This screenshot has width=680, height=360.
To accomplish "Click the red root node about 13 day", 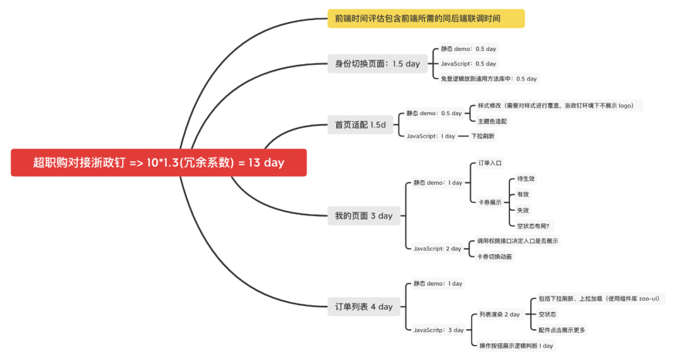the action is coord(159,162).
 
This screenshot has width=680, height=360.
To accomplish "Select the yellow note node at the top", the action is coord(426,18).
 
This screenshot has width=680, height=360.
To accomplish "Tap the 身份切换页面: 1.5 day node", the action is coord(377,64).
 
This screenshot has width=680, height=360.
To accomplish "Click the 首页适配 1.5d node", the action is coord(360,125).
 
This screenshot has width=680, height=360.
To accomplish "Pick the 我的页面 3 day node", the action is coord(363,216).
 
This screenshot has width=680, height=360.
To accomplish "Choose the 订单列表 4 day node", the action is coord(363,307).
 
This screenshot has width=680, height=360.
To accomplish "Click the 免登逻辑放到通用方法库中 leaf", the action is coord(489,79).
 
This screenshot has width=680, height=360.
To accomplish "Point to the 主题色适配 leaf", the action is coord(492,121).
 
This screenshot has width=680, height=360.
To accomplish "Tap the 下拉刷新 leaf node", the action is coord(483,136).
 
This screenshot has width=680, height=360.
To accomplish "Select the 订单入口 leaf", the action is coord(489,163).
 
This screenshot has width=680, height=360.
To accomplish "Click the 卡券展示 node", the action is coord(489,202).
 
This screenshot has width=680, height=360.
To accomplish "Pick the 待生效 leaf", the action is coord(526,179).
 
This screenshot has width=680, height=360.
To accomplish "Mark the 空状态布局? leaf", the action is coord(533,226).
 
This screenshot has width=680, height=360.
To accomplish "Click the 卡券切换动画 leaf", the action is coord(494,256).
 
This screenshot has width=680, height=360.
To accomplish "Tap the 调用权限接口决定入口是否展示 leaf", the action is coord(517,241).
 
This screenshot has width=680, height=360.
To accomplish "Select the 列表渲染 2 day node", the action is coord(499,314).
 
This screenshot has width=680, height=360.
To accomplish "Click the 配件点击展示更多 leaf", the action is coord(562,330).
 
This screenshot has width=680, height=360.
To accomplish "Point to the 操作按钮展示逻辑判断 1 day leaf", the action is coord(516,346).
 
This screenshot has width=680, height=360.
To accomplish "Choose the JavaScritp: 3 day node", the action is coord(438,330).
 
